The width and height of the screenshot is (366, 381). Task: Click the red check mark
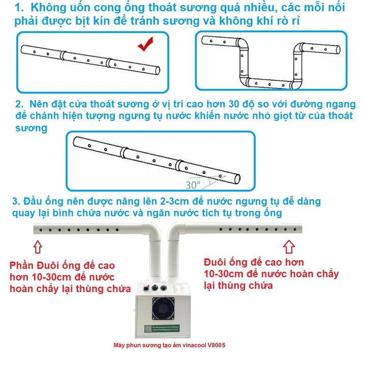click(146, 46)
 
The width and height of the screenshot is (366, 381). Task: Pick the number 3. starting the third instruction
click(16, 202)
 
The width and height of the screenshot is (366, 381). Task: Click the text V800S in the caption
click(216, 345)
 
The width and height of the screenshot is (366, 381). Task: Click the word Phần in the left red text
click(22, 266)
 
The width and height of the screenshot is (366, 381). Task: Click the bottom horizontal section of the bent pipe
click(268, 82)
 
